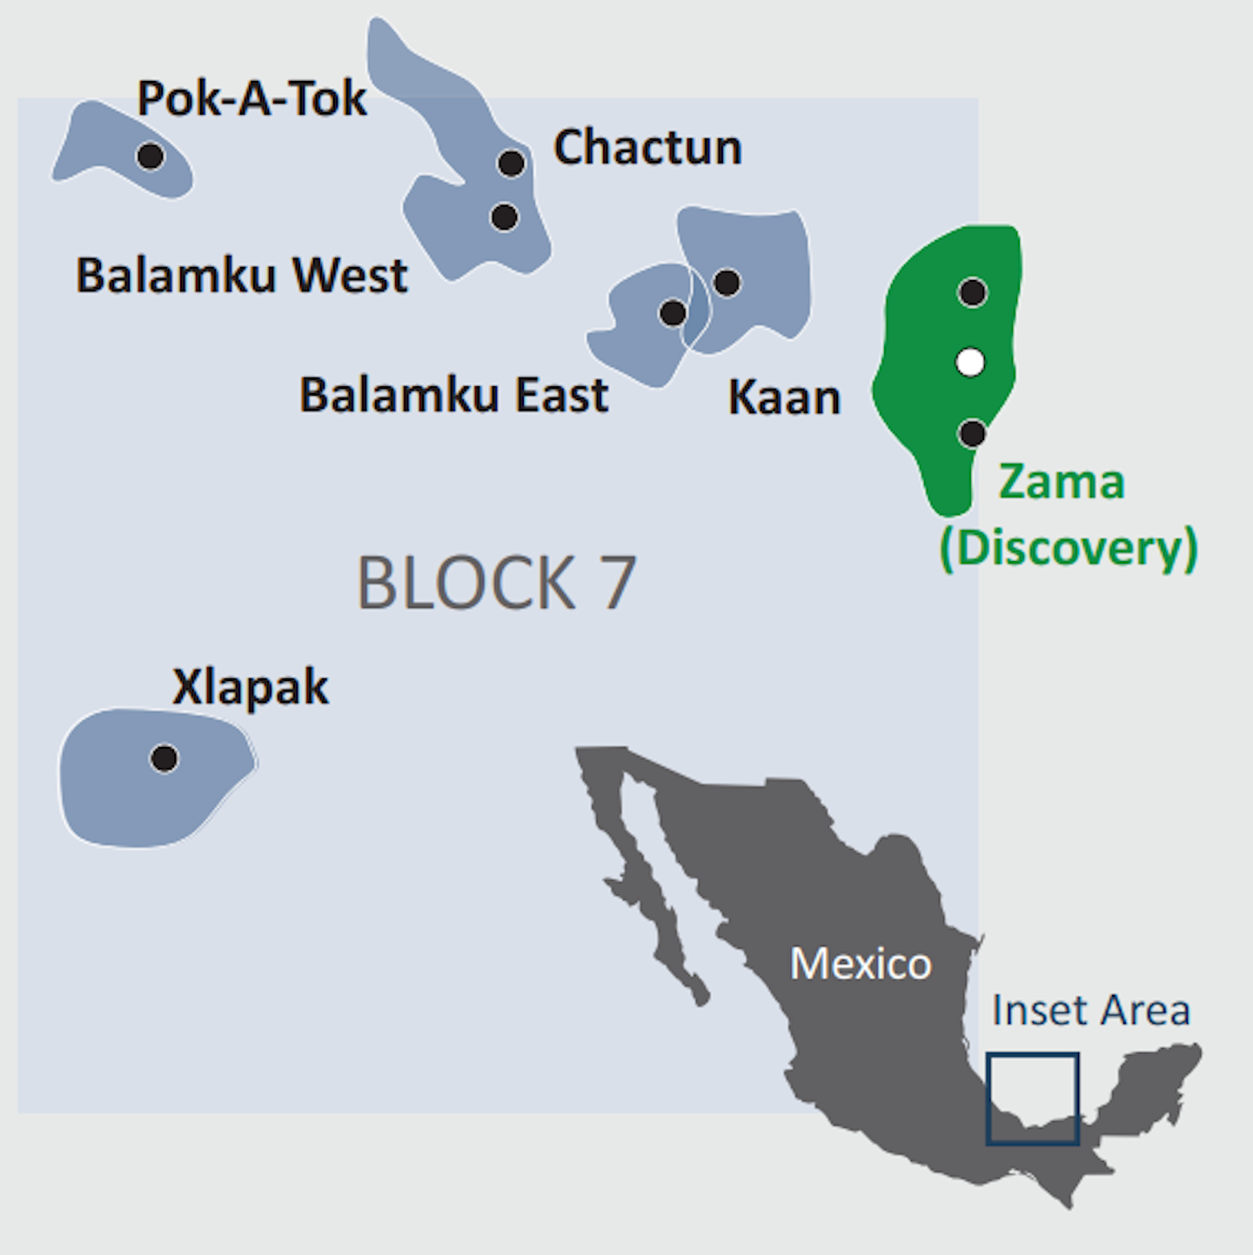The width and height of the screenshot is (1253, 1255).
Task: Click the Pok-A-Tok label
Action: (x=251, y=98)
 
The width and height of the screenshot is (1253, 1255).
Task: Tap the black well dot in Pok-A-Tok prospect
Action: (x=151, y=157)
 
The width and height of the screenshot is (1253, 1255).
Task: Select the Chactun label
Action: (x=647, y=147)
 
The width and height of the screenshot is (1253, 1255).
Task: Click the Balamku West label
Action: (x=241, y=276)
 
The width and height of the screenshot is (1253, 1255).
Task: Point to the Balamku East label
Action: (x=453, y=395)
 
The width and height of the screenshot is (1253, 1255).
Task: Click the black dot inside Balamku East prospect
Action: (x=673, y=313)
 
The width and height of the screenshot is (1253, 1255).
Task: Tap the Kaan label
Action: (x=784, y=398)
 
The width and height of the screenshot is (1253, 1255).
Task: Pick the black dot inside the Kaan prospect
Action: (x=727, y=283)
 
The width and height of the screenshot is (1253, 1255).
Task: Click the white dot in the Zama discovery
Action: (x=970, y=362)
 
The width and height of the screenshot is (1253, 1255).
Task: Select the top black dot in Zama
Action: (x=972, y=293)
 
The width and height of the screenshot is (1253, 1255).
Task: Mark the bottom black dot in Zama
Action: (x=972, y=433)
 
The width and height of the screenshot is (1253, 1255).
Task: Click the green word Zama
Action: (x=1062, y=482)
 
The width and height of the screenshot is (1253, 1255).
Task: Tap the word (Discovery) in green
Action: (x=1069, y=548)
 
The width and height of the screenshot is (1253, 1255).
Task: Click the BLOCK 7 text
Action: (x=496, y=583)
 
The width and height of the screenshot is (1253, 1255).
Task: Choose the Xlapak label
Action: (x=251, y=688)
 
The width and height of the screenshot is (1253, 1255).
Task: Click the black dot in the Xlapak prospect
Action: (x=164, y=758)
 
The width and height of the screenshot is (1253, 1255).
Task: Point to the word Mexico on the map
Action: (x=861, y=964)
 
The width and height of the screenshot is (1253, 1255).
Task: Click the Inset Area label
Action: (x=1090, y=1011)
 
